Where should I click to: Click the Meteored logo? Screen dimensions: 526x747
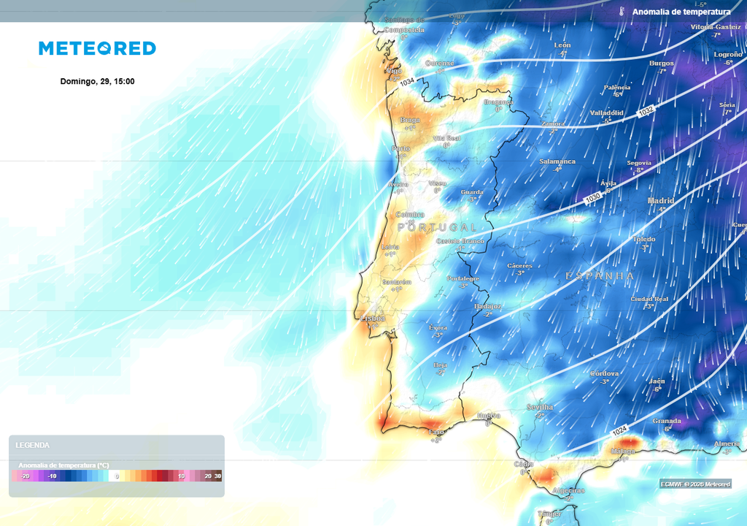click(x=97, y=48)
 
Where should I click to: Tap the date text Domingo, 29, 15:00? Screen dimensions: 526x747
click(x=97, y=81)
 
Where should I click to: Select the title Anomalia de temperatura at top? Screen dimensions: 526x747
click(x=681, y=12)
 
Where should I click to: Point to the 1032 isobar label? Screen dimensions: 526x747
click(x=646, y=112)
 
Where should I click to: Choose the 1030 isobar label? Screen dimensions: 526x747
click(x=593, y=198)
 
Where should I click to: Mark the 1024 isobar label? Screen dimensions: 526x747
click(x=619, y=432)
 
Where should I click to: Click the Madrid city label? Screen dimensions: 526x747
click(x=660, y=201)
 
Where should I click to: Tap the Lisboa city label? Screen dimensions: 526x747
click(x=373, y=319)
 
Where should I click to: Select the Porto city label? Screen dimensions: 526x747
click(x=400, y=148)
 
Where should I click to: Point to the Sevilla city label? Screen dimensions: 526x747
click(x=540, y=407)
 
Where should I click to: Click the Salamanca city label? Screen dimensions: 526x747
click(x=557, y=161)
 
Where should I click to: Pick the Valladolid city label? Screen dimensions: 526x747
click(x=606, y=113)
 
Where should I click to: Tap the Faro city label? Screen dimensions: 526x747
click(x=436, y=432)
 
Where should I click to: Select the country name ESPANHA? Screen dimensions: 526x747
click(x=600, y=275)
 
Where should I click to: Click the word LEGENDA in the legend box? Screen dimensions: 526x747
click(x=32, y=445)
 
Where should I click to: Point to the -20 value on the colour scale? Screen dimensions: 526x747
click(x=26, y=476)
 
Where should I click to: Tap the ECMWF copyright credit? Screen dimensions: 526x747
click(x=695, y=484)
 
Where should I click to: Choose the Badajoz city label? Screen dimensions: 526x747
click(x=487, y=307)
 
